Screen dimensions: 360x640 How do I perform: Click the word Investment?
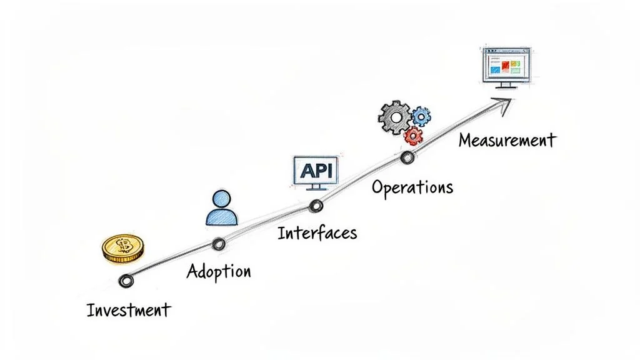click(x=128, y=310)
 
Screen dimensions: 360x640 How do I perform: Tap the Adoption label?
click(x=219, y=271)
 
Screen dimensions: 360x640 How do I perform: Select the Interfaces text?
click(x=317, y=233)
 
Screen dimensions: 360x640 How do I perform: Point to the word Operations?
click(x=412, y=187)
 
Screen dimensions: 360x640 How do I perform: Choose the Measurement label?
click(x=506, y=140)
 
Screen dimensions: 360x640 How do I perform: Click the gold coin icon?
click(x=123, y=249)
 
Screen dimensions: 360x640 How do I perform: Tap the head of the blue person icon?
click(x=221, y=200)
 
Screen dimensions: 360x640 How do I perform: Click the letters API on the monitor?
click(x=316, y=169)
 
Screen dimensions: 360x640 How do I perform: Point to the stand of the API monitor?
click(x=316, y=187)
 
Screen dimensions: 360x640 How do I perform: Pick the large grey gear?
click(x=396, y=116)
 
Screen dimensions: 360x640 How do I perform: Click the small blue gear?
click(x=421, y=116)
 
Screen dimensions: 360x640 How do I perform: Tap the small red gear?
click(x=413, y=134)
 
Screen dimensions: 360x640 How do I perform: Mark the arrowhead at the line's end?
click(x=505, y=104)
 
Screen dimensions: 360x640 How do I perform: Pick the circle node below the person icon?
click(x=218, y=244)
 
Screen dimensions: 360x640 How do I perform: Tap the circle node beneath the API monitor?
click(x=316, y=206)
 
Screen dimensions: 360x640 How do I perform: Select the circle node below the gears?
click(x=407, y=157)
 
